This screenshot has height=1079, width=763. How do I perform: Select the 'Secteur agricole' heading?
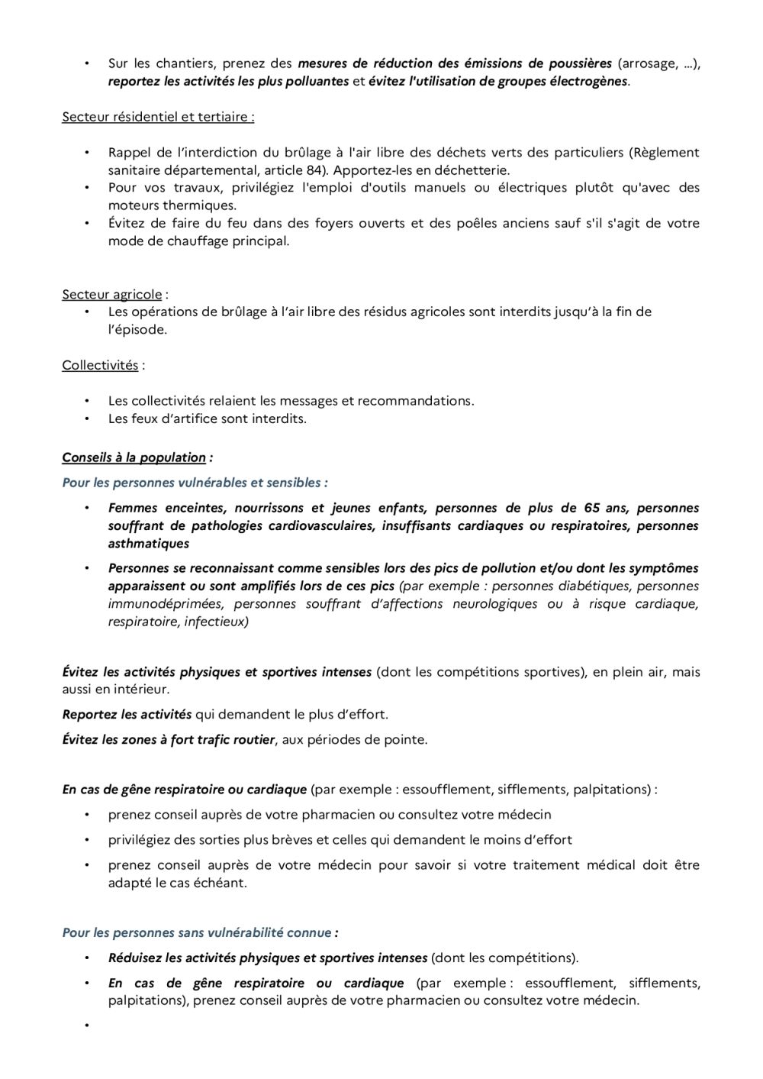112,294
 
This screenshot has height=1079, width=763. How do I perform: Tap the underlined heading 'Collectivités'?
100,365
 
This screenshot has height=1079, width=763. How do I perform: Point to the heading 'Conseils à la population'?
134,457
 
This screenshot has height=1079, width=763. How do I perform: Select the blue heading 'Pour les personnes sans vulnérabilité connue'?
197,932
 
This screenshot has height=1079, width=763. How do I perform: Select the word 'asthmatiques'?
149,544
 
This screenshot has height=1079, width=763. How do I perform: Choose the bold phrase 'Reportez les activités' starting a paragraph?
127,715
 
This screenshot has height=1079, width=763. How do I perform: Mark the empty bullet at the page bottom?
87,1025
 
